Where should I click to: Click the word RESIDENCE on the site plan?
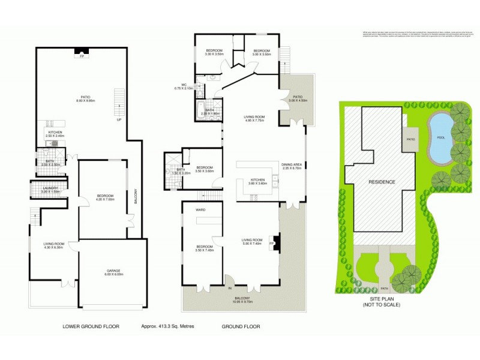click(382, 181)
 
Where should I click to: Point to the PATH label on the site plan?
click(383, 287)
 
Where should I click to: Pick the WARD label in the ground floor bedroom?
click(200, 210)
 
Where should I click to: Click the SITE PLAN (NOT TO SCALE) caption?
click(382, 301)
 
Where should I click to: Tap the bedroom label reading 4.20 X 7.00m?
click(105, 199)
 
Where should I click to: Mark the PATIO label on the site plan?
click(411, 139)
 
